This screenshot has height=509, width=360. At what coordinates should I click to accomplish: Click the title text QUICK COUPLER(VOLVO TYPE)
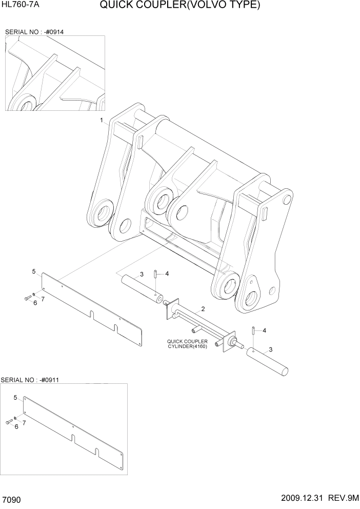pyautogui.click(x=180, y=6)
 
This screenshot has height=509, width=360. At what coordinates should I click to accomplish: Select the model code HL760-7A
pyautogui.click(x=21, y=6)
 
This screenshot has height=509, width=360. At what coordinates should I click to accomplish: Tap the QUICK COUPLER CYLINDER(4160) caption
pyautogui.click(x=187, y=344)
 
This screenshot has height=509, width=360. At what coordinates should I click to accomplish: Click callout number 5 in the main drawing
pyautogui.click(x=34, y=271)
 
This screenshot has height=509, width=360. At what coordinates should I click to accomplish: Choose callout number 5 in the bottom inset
pyautogui.click(x=15, y=397)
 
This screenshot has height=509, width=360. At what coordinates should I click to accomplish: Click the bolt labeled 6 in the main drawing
pyautogui.click(x=27, y=298)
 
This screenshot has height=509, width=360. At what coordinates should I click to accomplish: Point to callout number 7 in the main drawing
pyautogui.click(x=43, y=299)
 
